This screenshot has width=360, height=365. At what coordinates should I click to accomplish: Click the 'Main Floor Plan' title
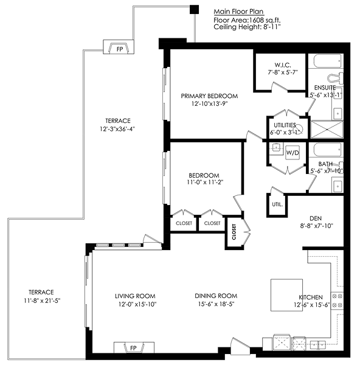238,12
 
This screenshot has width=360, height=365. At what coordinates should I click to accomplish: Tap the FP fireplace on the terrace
119,47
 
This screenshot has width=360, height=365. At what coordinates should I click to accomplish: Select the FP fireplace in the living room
134,348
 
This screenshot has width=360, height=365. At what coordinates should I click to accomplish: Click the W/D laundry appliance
292,153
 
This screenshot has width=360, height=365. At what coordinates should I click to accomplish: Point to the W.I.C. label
283,65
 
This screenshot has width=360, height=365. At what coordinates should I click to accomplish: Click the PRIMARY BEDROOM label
209,96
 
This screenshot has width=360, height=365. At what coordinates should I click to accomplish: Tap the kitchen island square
286,295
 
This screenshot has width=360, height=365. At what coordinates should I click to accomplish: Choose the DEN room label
316,218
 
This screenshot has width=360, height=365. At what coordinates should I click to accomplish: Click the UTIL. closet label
277,204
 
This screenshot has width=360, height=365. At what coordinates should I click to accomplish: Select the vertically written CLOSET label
234,232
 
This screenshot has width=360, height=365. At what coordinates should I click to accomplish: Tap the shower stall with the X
327,129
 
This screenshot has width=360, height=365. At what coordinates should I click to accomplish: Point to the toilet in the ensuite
336,78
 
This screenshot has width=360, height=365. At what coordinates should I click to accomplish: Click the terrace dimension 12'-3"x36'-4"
117,129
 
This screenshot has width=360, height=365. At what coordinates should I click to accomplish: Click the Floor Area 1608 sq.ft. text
247,20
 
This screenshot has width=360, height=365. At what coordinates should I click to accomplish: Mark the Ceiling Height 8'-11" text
247,27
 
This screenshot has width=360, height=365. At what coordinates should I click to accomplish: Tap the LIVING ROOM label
135,296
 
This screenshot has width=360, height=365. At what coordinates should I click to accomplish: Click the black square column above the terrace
195,9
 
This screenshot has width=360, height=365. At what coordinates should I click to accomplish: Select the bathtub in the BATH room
328,150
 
